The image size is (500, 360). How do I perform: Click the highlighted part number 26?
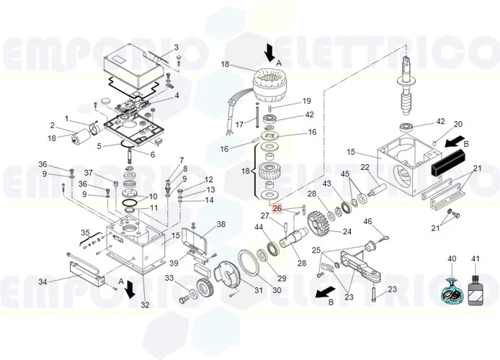[x=277, y=210]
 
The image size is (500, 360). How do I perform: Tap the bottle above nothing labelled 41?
[x=474, y=294]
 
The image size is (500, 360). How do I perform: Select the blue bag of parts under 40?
[x=452, y=294]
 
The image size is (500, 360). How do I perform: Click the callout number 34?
[x=43, y=282]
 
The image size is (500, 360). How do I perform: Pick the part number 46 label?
[x=367, y=221]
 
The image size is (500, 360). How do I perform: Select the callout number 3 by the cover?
[x=176, y=48]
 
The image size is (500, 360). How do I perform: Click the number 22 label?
[x=365, y=167]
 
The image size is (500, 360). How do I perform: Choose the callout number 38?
[x=221, y=225]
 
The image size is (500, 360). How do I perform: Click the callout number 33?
[x=169, y=278]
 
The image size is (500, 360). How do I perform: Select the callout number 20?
[x=457, y=124]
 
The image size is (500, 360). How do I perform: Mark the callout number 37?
[x=89, y=173]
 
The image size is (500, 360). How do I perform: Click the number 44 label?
[x=259, y=227]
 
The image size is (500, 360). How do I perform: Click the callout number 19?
[x=306, y=101]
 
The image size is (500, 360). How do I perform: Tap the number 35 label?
[x=85, y=233]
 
